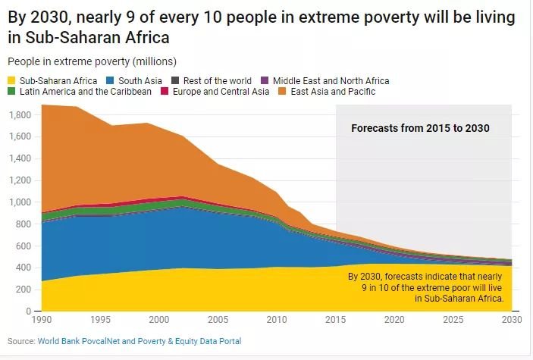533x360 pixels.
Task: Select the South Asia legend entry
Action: (138, 80)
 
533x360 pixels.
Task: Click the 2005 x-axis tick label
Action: (218, 320)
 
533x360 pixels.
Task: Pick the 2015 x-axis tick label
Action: (336, 320)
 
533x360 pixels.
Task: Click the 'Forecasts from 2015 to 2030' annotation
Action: (420, 129)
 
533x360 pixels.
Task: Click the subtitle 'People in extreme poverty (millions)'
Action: (92, 61)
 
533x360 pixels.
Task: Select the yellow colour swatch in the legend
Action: (11, 80)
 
